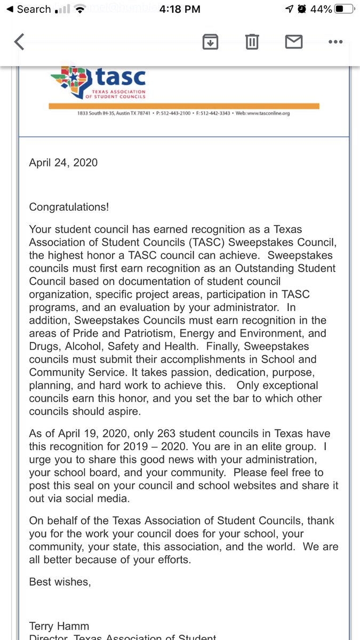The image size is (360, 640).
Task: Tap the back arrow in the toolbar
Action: point(19,42)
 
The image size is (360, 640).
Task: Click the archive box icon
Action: point(211,42)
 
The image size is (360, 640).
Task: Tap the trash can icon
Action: point(252,42)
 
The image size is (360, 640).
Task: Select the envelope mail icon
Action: point(294,42)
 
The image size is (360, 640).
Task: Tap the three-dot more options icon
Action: point(335,42)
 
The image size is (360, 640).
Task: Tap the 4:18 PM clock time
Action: point(180,9)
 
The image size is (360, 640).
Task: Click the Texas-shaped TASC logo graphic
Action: point(71,80)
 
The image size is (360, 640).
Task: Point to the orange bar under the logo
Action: point(183,106)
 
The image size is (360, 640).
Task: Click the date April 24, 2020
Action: point(63,163)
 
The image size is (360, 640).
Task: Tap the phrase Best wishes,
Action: point(60,582)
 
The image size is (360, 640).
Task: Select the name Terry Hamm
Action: point(58,626)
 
